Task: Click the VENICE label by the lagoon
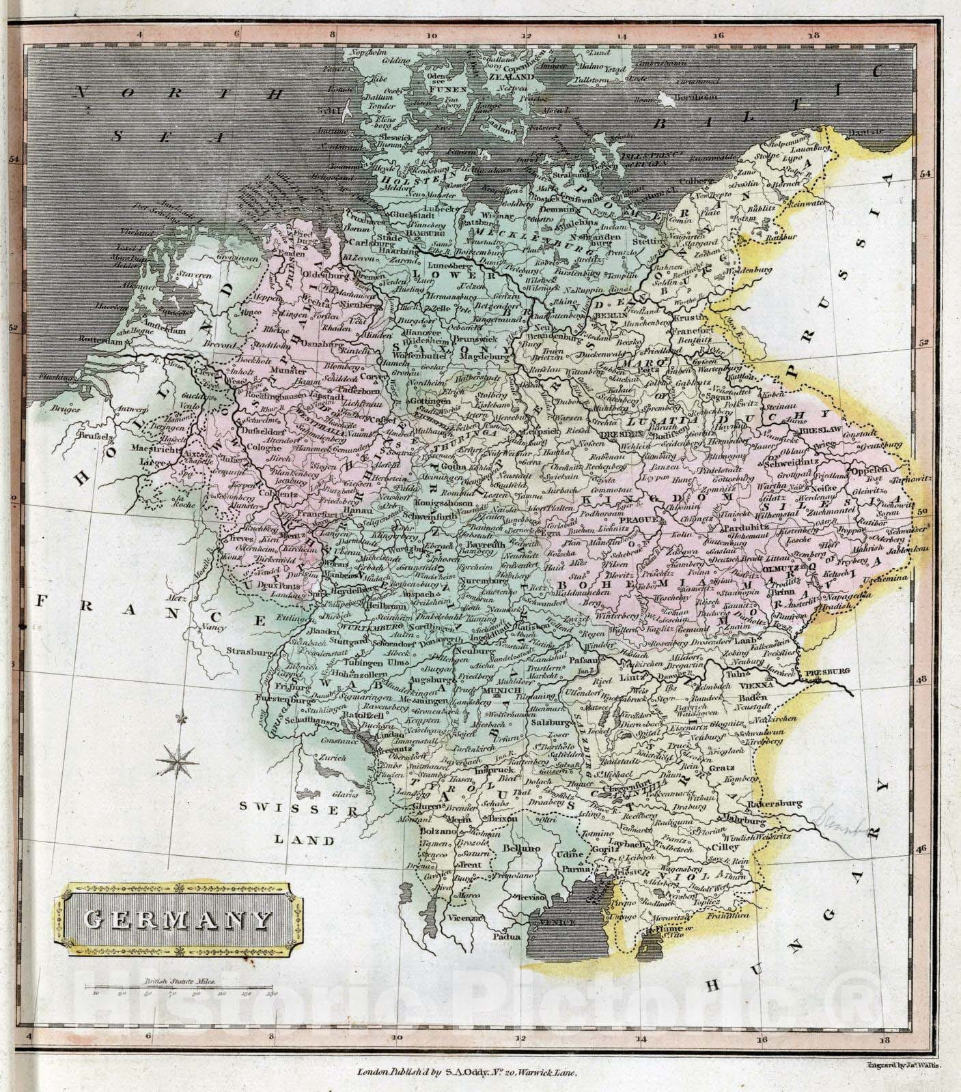click(557, 922)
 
